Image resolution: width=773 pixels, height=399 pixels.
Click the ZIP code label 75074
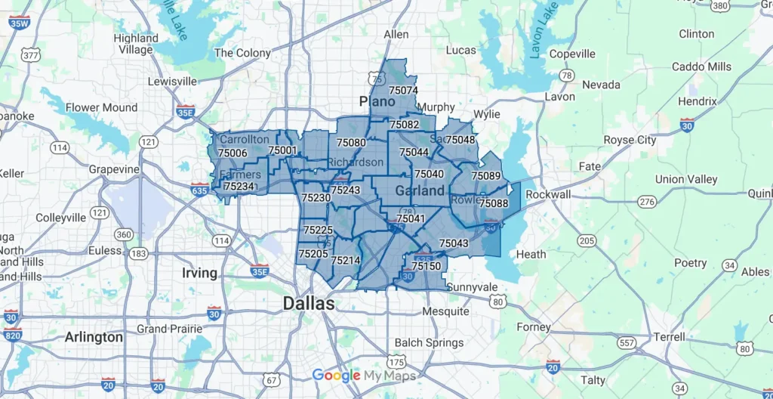[x=403, y=90]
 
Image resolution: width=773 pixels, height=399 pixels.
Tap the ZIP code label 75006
[x=232, y=153]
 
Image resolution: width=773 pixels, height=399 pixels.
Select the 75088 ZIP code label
[x=494, y=203]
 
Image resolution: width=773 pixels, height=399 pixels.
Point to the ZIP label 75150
[x=427, y=266]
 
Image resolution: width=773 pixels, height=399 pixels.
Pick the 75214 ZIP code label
[x=346, y=261]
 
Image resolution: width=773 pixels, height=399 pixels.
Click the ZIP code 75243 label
[x=346, y=190]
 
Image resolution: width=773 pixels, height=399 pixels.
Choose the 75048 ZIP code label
[x=460, y=140]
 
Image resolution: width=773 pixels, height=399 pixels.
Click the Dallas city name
[x=309, y=303]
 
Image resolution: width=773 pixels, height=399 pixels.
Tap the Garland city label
[x=420, y=191]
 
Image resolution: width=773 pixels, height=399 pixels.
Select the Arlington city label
[x=94, y=336]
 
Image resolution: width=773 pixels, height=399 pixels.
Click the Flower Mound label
[x=102, y=107]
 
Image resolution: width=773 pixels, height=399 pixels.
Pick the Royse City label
[x=630, y=140]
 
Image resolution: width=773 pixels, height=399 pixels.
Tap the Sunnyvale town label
[x=472, y=287]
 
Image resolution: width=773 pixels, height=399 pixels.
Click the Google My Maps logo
[x=363, y=376]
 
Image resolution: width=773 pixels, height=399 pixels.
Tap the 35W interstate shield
[x=20, y=22]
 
